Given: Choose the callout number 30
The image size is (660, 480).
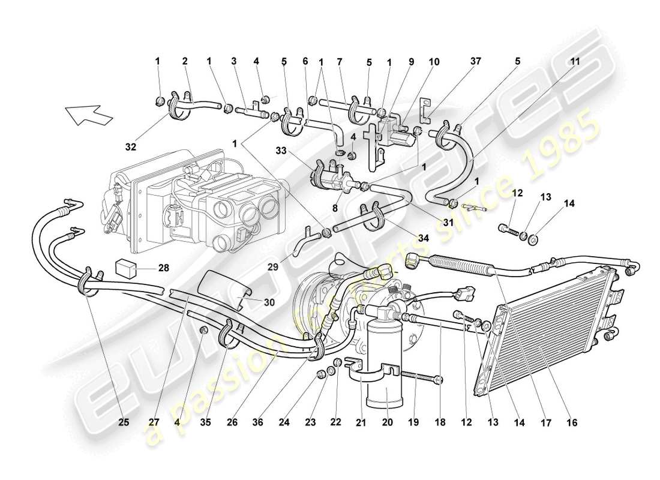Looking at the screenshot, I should pyautogui.click(x=268, y=302).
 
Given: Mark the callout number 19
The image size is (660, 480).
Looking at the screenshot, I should pyautogui.click(x=414, y=422).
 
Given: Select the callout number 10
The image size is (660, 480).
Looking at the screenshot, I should pyautogui.click(x=434, y=61).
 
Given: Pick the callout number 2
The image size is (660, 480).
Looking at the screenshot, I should pyautogui.click(x=185, y=61).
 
